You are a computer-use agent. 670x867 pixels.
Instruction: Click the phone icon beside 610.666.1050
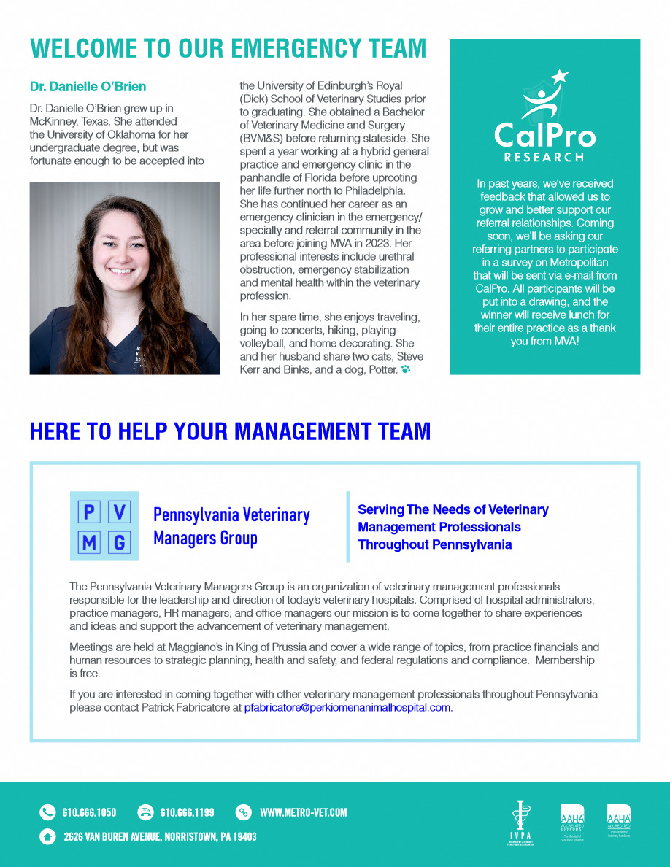pyautogui.click(x=47, y=812)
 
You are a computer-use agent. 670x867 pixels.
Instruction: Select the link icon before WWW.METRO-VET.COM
pyautogui.click(x=244, y=812)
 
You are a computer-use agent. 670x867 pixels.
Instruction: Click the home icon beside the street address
pyautogui.click(x=47, y=836)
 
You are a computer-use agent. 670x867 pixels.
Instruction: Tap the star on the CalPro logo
pyautogui.click(x=559, y=76)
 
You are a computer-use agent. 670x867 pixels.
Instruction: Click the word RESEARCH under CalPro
pyautogui.click(x=544, y=157)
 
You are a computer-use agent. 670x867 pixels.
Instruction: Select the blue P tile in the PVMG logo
pyautogui.click(x=89, y=512)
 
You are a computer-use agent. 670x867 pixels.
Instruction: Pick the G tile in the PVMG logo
pyautogui.click(x=120, y=543)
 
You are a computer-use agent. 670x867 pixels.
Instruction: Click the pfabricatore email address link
pyautogui.click(x=347, y=708)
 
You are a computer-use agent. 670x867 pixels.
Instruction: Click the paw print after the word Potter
pyautogui.click(x=406, y=370)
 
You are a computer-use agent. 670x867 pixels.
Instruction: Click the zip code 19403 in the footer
pyautogui.click(x=242, y=836)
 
